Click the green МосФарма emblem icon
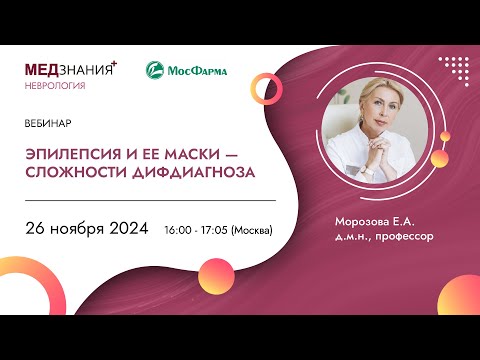point(156,70)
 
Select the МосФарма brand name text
point(197,70)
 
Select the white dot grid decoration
point(453,71)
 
